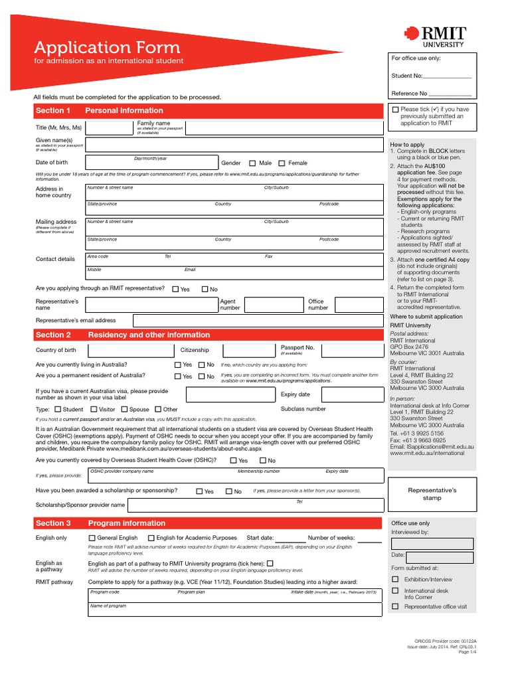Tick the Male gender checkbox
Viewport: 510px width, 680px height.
tap(252, 163)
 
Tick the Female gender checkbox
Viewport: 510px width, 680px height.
tap(282, 163)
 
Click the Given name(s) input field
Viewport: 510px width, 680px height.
tap(234, 145)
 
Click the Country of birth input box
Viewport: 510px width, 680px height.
tap(129, 351)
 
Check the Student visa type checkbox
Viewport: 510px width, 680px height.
tap(57, 410)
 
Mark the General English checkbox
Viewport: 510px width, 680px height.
tap(92, 538)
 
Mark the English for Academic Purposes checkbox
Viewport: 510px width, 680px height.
tap(151, 538)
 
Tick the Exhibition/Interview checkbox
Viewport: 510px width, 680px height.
tap(396, 578)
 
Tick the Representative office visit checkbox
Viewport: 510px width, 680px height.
tap(396, 606)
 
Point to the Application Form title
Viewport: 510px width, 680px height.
tap(107, 48)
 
